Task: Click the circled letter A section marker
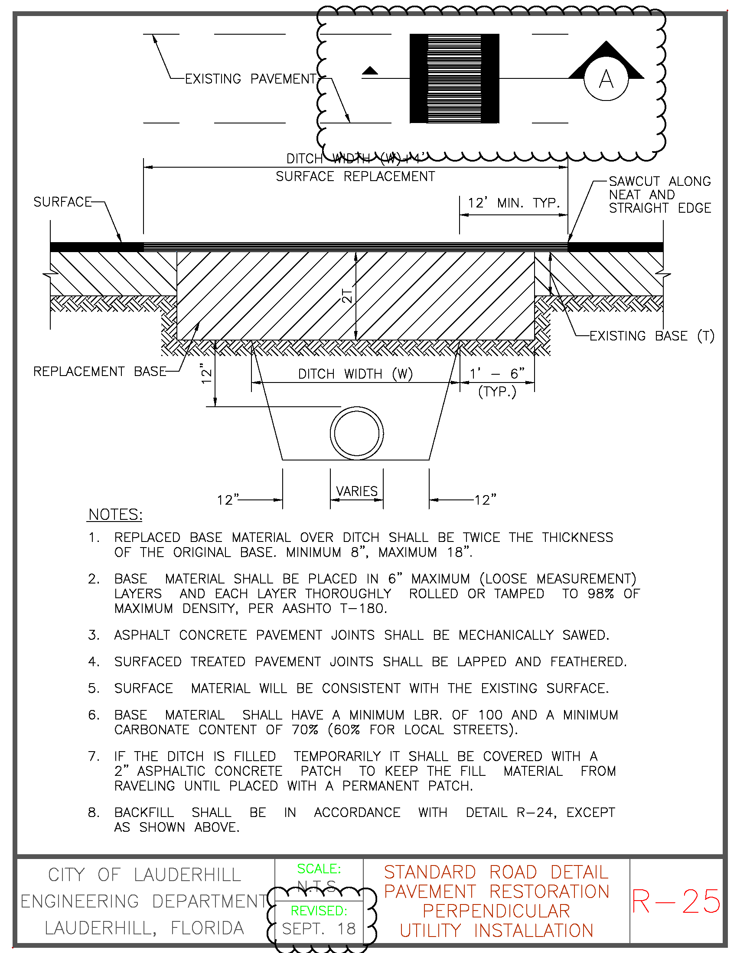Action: (606, 79)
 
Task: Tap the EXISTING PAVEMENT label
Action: (250, 79)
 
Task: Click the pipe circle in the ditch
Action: (357, 433)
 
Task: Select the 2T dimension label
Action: (347, 295)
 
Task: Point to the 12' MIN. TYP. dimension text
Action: (513, 203)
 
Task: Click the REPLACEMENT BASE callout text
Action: (100, 371)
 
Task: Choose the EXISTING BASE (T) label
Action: (652, 336)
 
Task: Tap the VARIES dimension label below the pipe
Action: (357, 491)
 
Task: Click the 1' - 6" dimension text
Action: (497, 374)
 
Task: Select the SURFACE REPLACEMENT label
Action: (355, 176)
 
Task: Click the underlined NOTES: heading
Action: (115, 515)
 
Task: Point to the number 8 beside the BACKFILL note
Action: (94, 812)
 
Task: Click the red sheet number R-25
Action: (675, 901)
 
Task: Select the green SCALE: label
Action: (319, 869)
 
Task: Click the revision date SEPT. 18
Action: (319, 929)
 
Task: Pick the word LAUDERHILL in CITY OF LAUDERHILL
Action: (187, 875)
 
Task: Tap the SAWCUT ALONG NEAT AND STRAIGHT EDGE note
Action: (659, 194)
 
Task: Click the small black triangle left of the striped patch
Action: (370, 71)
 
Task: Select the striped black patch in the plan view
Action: (454, 78)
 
